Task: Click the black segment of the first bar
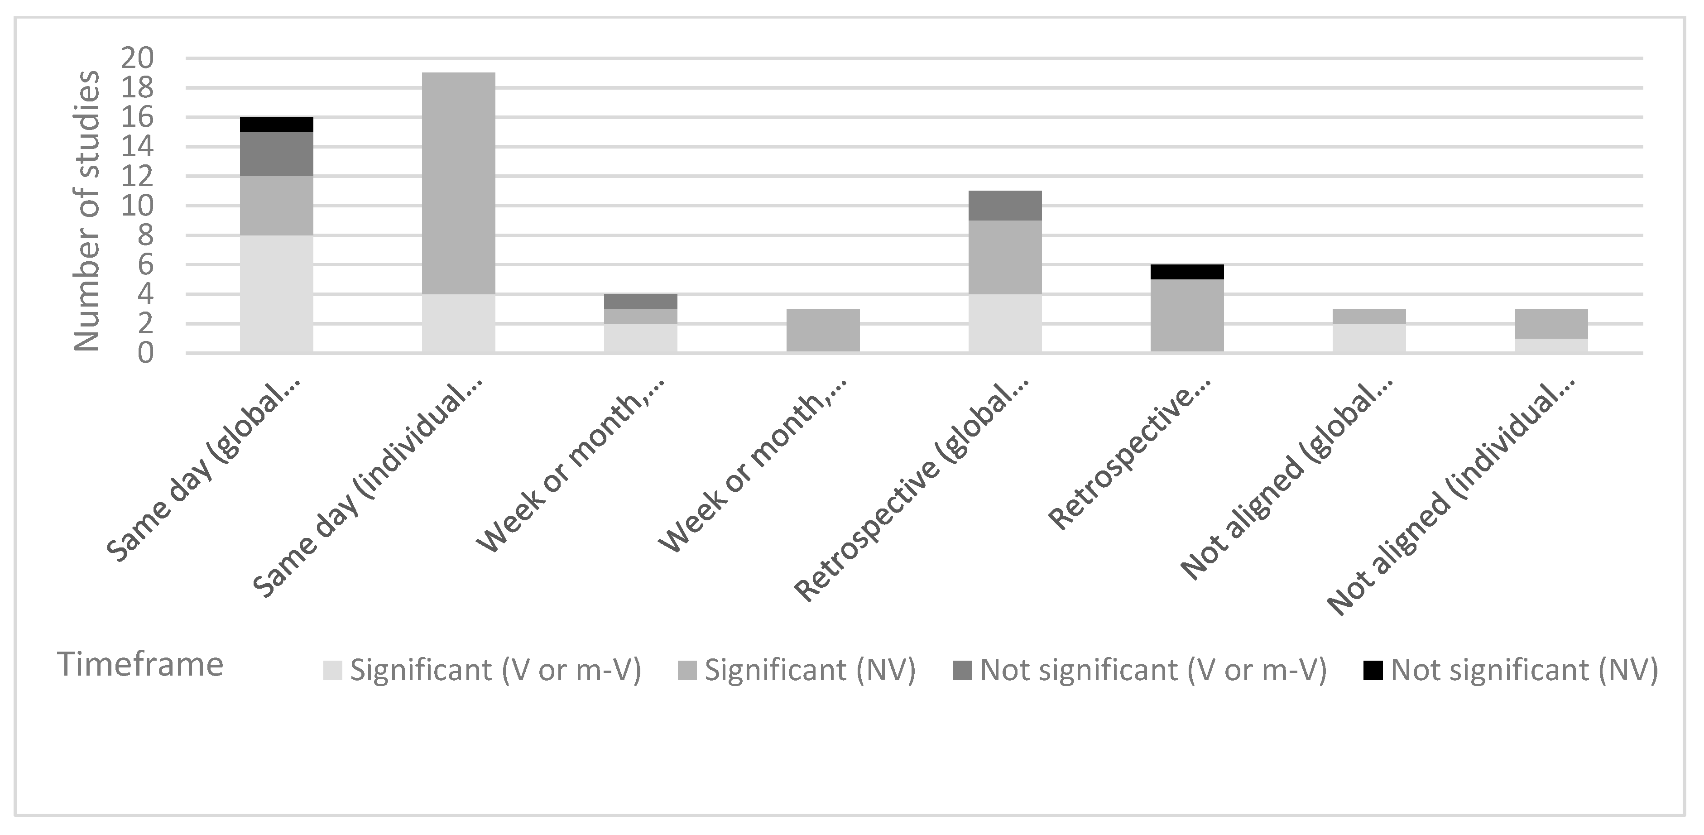point(277,125)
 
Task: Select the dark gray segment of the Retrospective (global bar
point(1005,206)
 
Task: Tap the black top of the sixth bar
point(1187,272)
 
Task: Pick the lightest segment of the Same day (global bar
point(277,294)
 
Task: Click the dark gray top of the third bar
point(640,302)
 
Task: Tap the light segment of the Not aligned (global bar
point(1368,337)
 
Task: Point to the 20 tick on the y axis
point(138,59)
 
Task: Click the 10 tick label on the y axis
point(138,206)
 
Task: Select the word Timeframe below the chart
point(140,664)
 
